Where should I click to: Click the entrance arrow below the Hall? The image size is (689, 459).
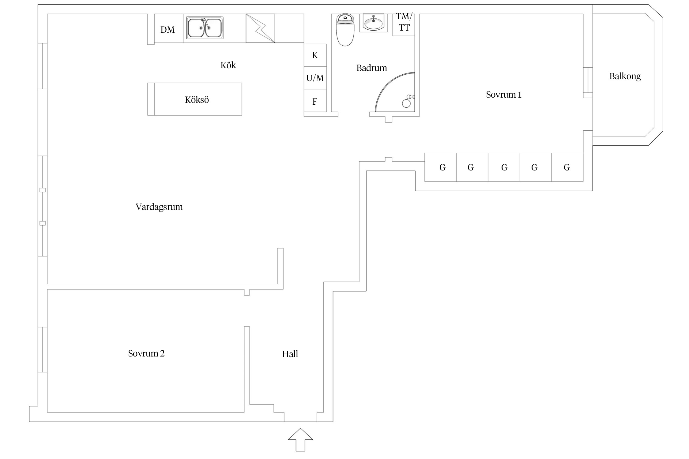tap(300, 439)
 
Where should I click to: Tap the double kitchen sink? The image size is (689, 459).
tap(205, 28)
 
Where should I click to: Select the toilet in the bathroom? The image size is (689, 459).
tap(345, 30)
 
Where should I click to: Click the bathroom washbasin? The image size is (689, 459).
tap(373, 22)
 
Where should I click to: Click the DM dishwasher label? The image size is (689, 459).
tap(168, 30)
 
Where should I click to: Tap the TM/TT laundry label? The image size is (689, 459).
tap(404, 22)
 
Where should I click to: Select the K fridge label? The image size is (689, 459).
tap(315, 55)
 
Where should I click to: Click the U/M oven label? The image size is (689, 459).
tap(315, 78)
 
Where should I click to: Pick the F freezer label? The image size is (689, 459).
tap(315, 102)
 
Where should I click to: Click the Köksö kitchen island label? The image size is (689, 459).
tap(197, 100)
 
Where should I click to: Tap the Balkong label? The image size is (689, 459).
tap(625, 76)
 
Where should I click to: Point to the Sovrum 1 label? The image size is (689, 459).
tap(504, 95)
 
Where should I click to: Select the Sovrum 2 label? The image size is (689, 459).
tap(146, 353)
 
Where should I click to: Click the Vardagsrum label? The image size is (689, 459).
tap(159, 207)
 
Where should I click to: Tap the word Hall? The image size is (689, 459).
tap(290, 354)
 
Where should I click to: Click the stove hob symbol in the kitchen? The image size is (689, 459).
tap(260, 28)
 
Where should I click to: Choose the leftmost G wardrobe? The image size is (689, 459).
tap(441, 167)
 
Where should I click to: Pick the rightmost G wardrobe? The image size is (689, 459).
tap(567, 167)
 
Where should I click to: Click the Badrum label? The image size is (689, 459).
tap(372, 68)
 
